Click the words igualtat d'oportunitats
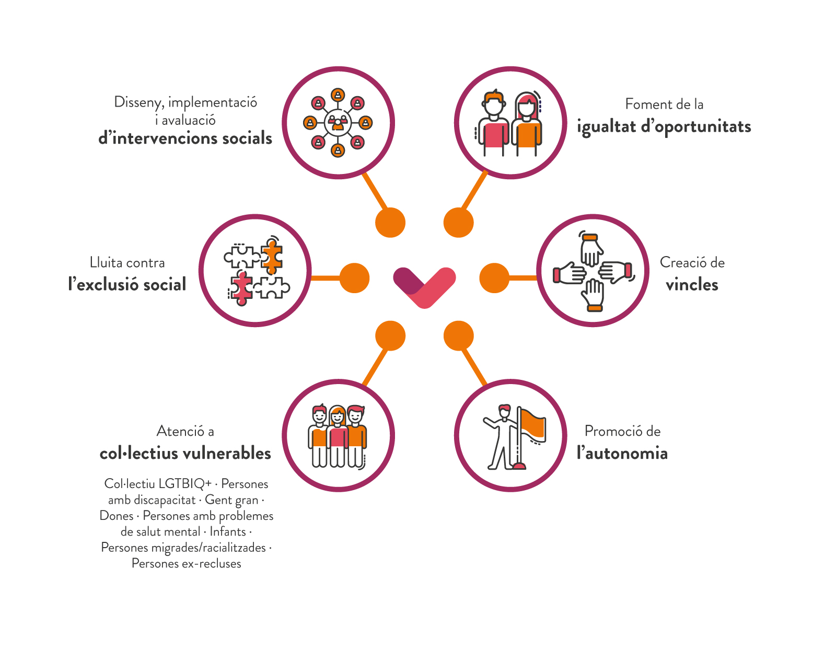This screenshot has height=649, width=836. click(664, 127)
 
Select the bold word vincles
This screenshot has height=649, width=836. click(692, 285)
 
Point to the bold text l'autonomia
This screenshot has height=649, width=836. click(622, 453)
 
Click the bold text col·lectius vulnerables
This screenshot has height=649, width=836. click(185, 453)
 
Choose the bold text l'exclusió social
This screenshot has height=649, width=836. click(127, 285)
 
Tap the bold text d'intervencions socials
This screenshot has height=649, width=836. click(185, 138)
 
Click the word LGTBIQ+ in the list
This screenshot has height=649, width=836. click(185, 484)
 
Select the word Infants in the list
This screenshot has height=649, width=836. click(228, 532)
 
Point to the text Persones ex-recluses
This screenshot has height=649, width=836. click(186, 564)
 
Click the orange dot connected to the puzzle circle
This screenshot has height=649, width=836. click(354, 278)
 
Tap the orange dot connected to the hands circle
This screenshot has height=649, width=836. click(494, 278)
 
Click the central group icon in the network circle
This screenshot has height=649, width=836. click(338, 123)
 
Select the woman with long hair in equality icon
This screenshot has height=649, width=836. click(527, 123)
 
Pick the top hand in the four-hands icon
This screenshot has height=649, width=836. click(591, 251)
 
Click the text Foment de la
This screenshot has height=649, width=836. click(664, 105)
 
